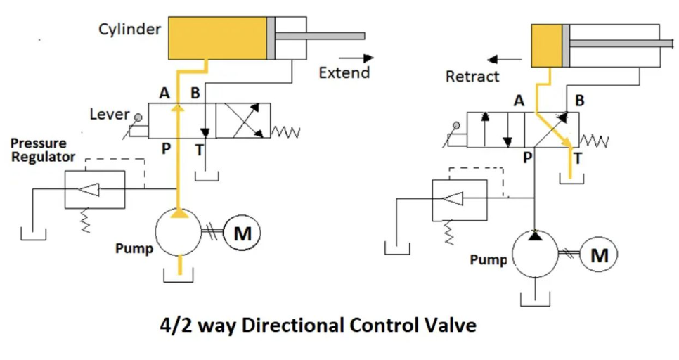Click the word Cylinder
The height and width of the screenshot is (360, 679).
pos(129,30)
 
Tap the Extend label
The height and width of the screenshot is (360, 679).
pos(344,72)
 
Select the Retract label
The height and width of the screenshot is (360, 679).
pos(472,77)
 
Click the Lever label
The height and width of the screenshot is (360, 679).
pos(110,114)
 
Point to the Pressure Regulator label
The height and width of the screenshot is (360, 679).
pos(43,150)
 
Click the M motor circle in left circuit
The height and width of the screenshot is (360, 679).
pos(242,233)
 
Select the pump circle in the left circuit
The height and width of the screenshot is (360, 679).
pos(180,234)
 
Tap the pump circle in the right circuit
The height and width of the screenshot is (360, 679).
pos(536,255)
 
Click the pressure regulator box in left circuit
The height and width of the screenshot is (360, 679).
pos(94,188)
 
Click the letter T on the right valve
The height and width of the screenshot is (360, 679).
pos(578,157)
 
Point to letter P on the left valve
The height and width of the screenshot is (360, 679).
pos(167,148)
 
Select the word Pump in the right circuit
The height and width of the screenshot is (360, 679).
pos(489,259)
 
